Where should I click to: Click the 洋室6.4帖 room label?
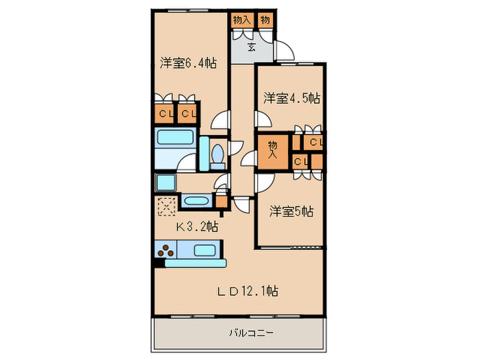[x=188, y=63]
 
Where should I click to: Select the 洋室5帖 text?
[x=291, y=211]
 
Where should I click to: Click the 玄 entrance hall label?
[x=252, y=47]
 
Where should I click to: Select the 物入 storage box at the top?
[x=241, y=20]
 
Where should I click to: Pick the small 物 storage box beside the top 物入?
[x=265, y=20]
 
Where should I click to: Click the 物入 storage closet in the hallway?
[x=272, y=149]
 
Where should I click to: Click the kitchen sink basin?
[x=204, y=250]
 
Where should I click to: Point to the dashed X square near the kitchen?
[x=166, y=205]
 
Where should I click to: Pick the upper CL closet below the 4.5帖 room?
[x=315, y=143]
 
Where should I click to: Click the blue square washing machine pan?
[x=166, y=182]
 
